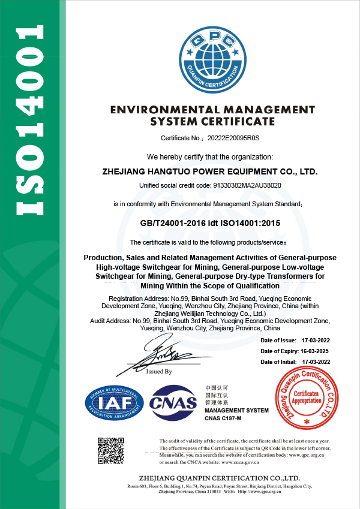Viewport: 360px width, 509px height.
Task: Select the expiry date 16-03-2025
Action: [314, 351]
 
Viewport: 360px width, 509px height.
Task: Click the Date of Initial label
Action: [278, 362]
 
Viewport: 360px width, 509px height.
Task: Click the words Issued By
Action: [160, 372]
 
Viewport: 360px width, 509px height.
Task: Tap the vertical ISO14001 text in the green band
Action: [29, 120]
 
